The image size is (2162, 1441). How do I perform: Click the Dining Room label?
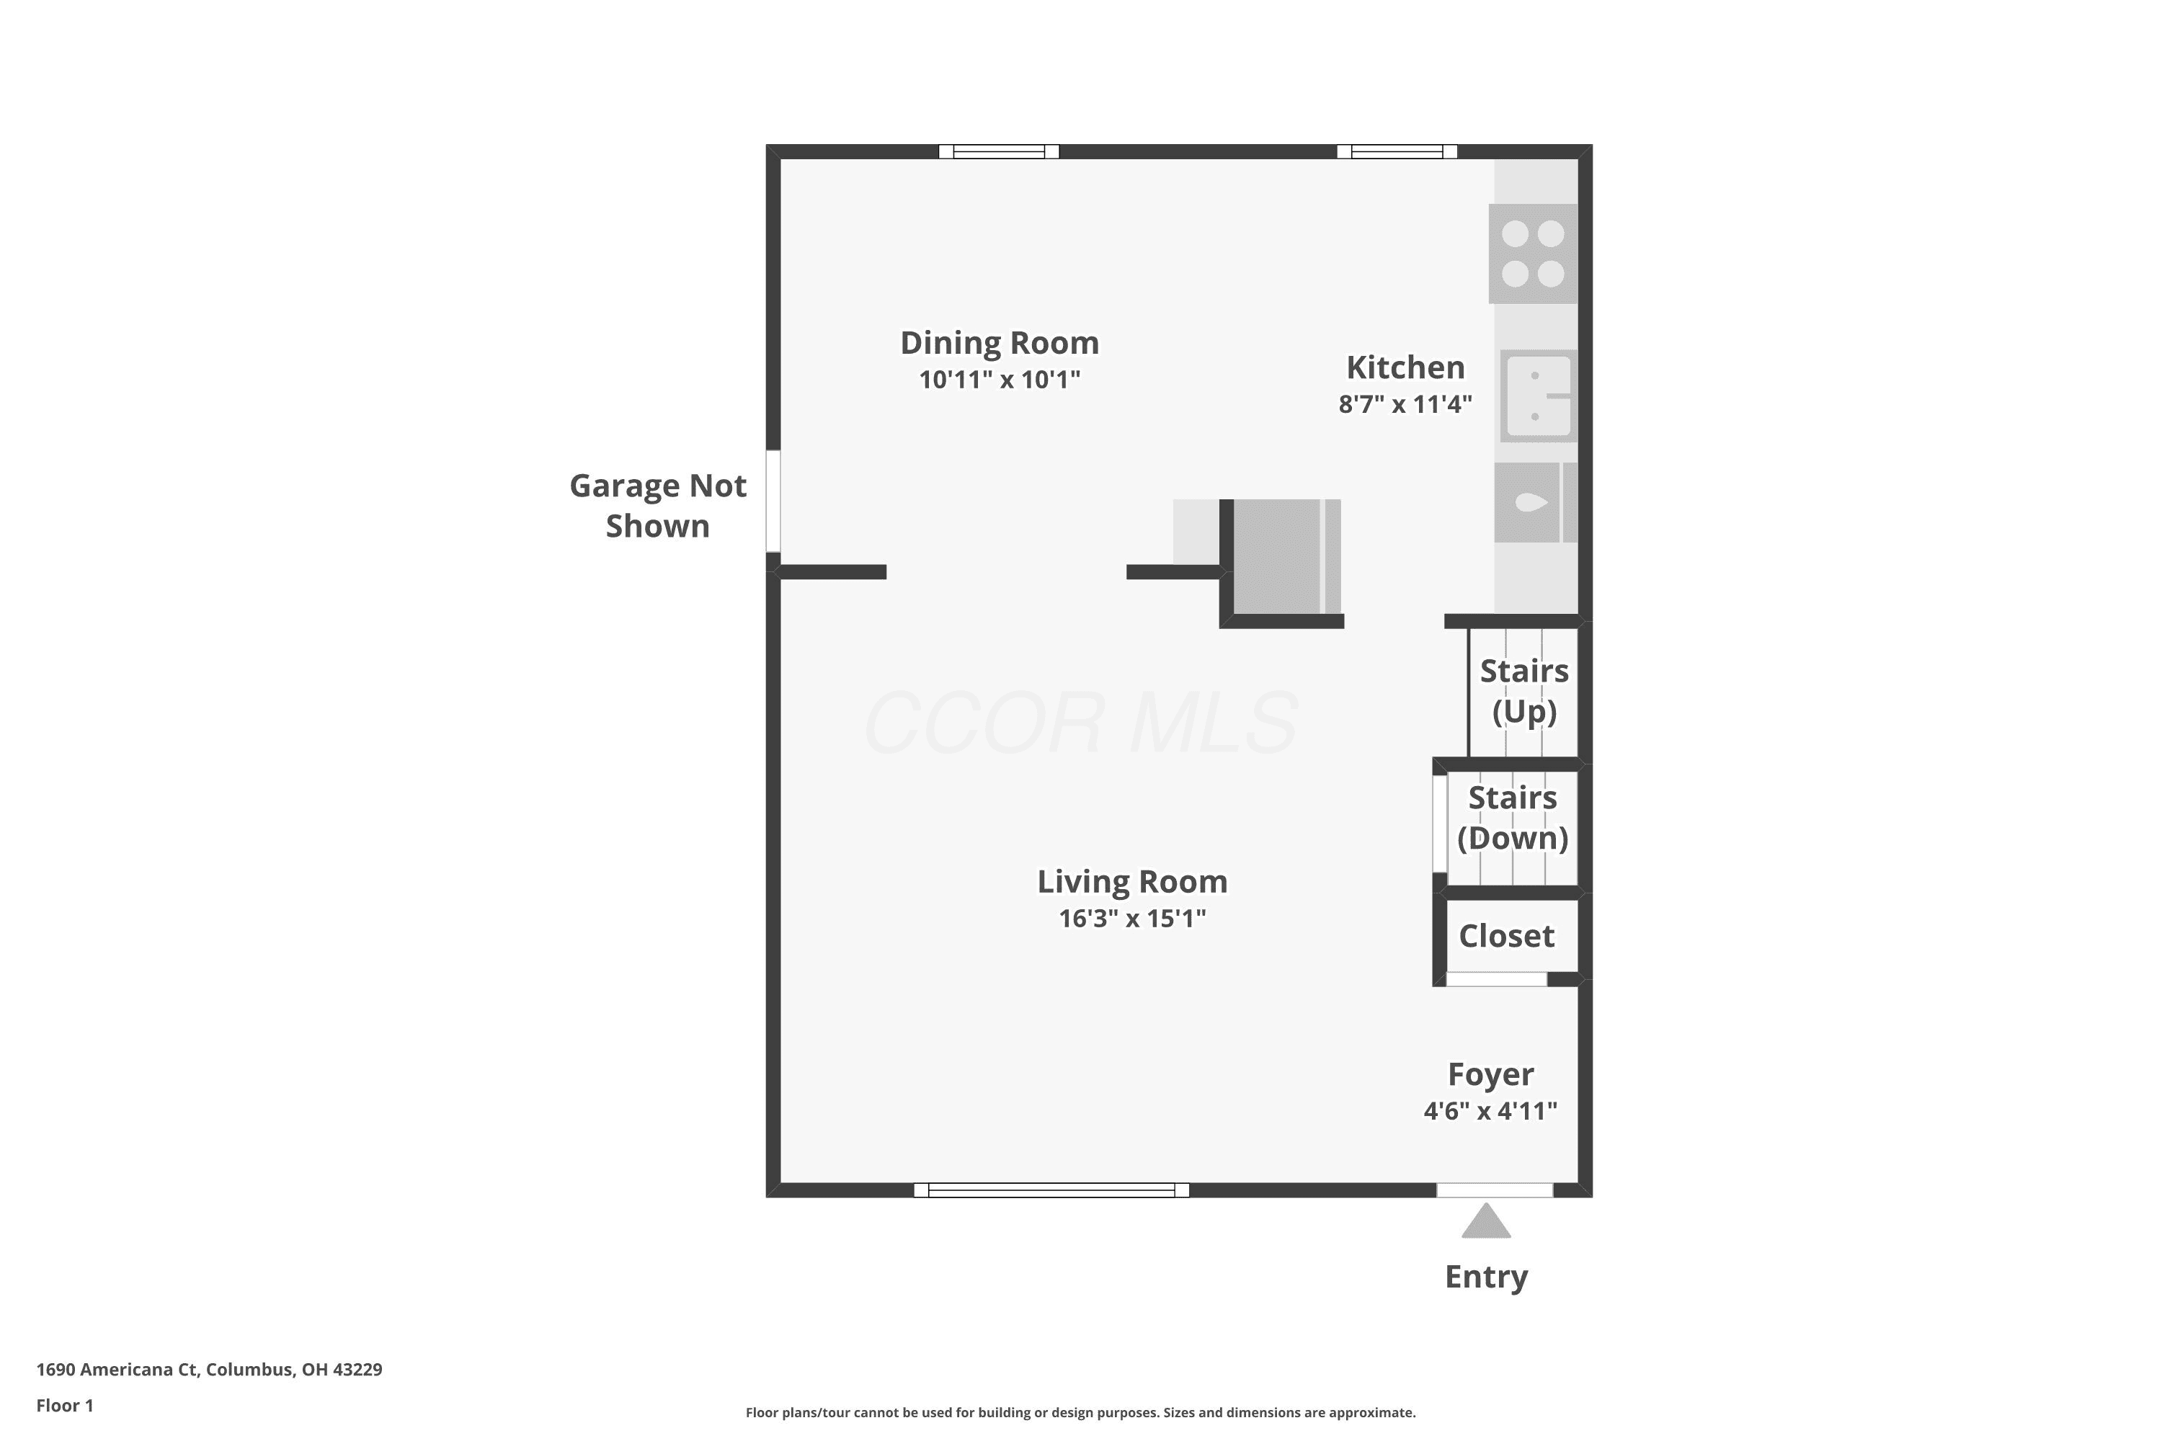(x=999, y=343)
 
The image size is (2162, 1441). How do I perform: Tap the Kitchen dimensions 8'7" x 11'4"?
(x=1405, y=404)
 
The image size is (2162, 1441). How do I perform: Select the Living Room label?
(x=1132, y=881)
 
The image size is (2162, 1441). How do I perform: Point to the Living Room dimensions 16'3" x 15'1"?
(x=1132, y=918)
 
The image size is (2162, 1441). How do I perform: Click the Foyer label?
(x=1490, y=1074)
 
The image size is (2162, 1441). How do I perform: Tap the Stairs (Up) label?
(x=1524, y=691)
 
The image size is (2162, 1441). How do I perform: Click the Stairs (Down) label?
(x=1512, y=818)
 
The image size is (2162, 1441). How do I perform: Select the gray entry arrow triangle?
(x=1486, y=1221)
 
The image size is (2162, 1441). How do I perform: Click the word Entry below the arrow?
(x=1486, y=1277)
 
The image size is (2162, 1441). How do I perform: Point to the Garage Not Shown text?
(x=658, y=506)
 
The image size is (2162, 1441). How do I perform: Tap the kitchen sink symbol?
(x=1539, y=396)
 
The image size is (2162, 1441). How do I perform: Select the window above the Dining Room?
(x=999, y=151)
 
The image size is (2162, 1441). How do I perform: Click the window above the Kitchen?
(x=1397, y=151)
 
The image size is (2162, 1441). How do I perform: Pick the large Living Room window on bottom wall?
(x=1051, y=1190)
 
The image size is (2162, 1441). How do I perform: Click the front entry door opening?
(x=1495, y=1190)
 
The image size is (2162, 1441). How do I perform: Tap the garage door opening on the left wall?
(x=773, y=501)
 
